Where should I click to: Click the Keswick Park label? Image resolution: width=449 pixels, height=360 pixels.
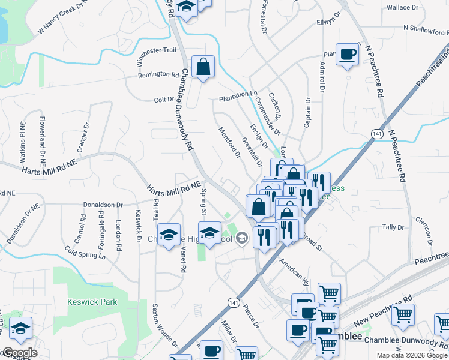click(92, 302)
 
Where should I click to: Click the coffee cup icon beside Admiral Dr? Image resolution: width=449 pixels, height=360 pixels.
click(348, 55)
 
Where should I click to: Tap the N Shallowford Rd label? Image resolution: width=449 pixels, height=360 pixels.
click(426, 28)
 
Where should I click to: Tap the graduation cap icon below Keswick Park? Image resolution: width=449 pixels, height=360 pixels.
click(20, 328)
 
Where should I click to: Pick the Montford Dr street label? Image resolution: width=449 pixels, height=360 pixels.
click(229, 142)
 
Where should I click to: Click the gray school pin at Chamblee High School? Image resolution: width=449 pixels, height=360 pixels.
click(242, 239)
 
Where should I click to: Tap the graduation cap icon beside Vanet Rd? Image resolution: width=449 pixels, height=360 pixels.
click(169, 235)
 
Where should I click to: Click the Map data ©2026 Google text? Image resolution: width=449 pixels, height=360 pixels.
click(412, 355)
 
